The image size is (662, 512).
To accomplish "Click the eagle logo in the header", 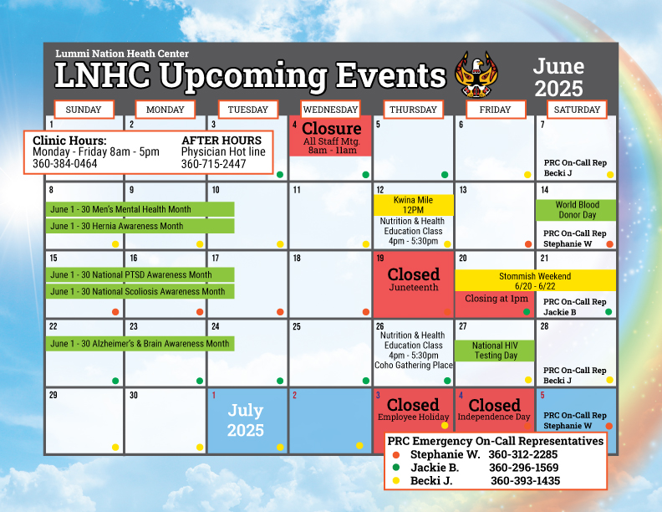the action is tap(476, 74).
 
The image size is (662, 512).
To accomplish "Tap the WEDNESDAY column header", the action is tap(330, 110).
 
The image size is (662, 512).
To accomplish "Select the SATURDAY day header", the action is tap(577, 110).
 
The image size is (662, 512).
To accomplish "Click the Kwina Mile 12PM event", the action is tap(413, 205).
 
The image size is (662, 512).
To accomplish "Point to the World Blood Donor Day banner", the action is tap(576, 210).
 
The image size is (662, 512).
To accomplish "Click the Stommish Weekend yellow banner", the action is tap(535, 281).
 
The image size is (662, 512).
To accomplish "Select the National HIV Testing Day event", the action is tap(495, 351).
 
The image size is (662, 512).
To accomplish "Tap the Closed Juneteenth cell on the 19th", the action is tap(413, 284).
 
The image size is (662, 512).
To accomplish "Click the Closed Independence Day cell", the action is tap(494, 410).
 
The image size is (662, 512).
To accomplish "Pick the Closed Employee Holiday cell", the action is tap(413, 410).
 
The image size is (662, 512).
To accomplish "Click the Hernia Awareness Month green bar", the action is tap(140, 226).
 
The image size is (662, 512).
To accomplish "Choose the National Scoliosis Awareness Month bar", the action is tap(140, 291).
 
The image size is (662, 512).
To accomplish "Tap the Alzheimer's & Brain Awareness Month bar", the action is tap(140, 344).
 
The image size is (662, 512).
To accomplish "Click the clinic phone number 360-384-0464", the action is tap(65, 164).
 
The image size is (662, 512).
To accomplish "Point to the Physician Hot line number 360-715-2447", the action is tap(214, 164).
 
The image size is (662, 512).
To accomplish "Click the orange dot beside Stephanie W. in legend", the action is tap(396, 455).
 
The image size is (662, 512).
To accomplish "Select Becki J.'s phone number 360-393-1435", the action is tap(525, 481).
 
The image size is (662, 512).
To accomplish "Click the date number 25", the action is tap(297, 326).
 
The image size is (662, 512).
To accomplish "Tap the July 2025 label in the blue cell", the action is tap(245, 420).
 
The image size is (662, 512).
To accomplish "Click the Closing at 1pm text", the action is tap(496, 299).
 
